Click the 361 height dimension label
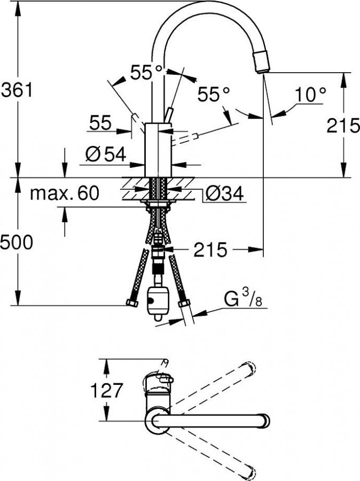click(17, 90)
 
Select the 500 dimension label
click(16, 242)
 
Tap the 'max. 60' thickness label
click(65, 193)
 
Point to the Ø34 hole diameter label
click(224, 193)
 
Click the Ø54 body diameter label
click(106, 154)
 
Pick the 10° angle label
click(310, 94)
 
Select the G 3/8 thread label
click(244, 297)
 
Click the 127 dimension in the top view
click(106, 391)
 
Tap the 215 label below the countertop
click(210, 250)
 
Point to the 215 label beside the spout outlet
click(343, 125)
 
